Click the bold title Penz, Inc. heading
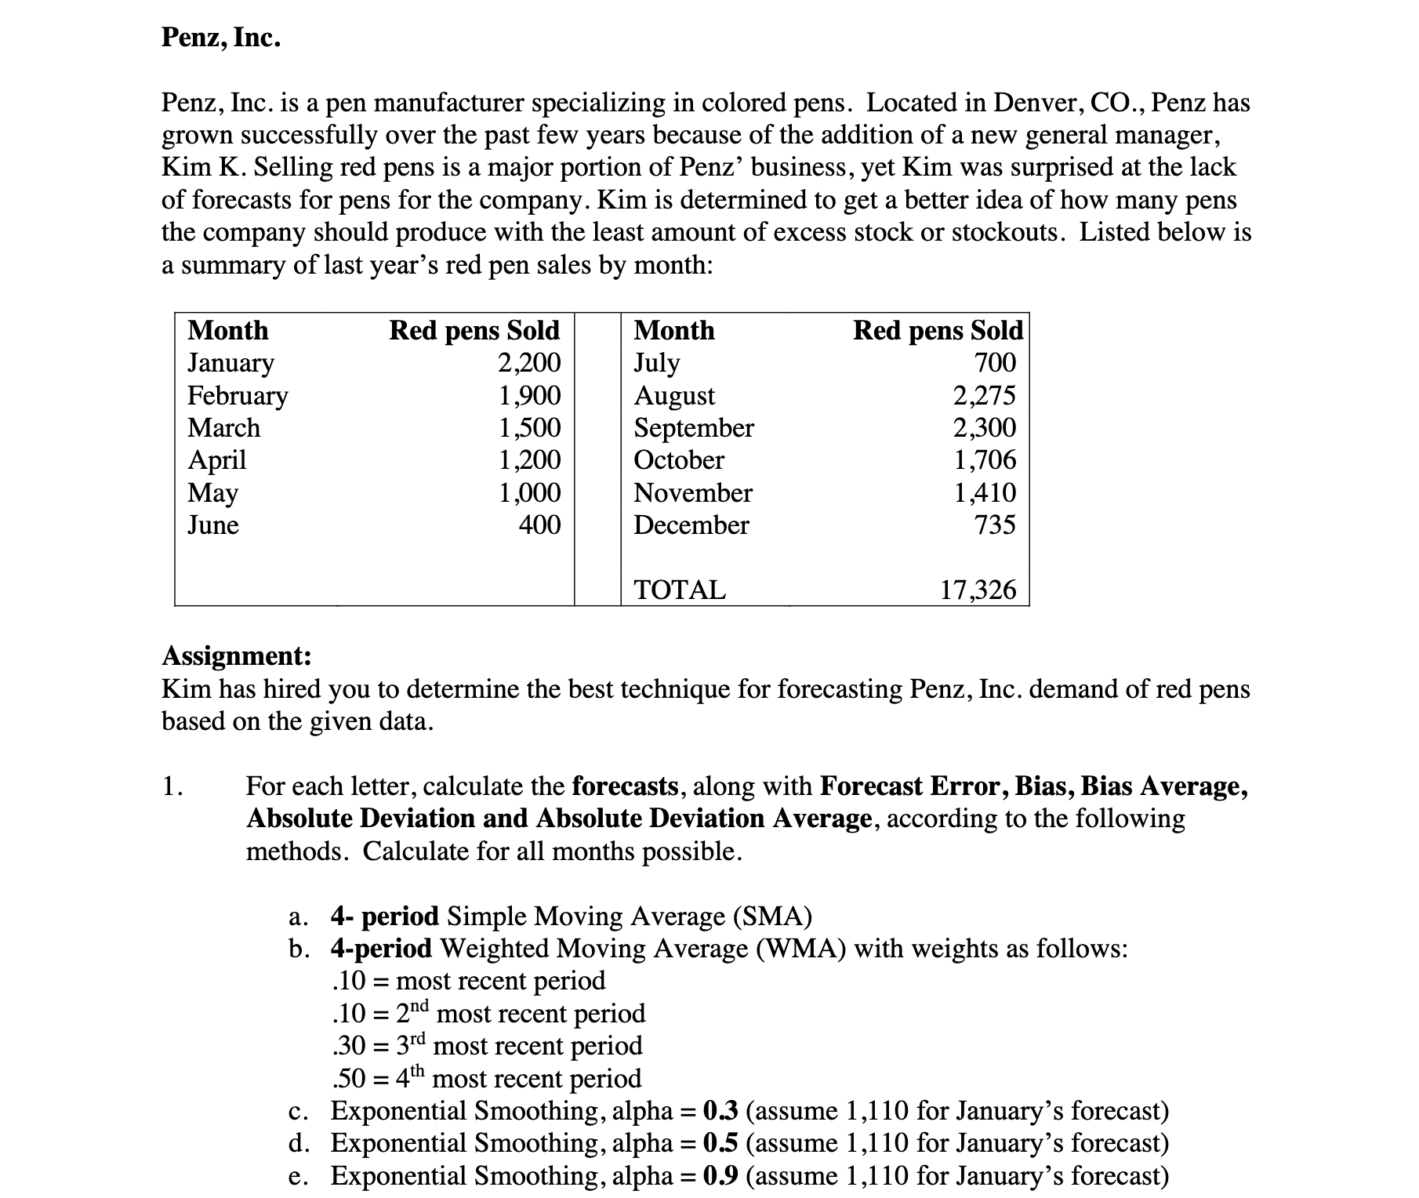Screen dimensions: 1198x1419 pyautogui.click(x=220, y=37)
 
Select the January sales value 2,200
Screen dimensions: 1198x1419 pyautogui.click(x=529, y=362)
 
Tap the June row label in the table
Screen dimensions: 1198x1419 pyautogui.click(x=213, y=525)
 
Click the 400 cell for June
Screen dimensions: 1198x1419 pyautogui.click(x=539, y=525)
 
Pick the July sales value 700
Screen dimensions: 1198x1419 pyautogui.click(x=994, y=362)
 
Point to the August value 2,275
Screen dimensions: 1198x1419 pyautogui.click(x=984, y=395)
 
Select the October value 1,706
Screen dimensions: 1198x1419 pyautogui.click(x=984, y=459)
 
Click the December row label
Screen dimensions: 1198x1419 pyautogui.click(x=691, y=525)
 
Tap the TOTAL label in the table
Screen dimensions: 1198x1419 pyautogui.click(x=680, y=590)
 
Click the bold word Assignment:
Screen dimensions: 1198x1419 pyautogui.click(x=236, y=655)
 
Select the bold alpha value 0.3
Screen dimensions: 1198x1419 pyautogui.click(x=720, y=1111)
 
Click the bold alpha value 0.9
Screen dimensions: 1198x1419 pyautogui.click(x=720, y=1176)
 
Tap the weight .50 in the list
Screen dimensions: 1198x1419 pyautogui.click(x=349, y=1079)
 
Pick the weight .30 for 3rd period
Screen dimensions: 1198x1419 pyautogui.click(x=349, y=1046)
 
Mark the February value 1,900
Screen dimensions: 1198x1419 pyautogui.click(x=529, y=395)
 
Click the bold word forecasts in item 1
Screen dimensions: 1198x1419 pyautogui.click(x=625, y=786)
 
